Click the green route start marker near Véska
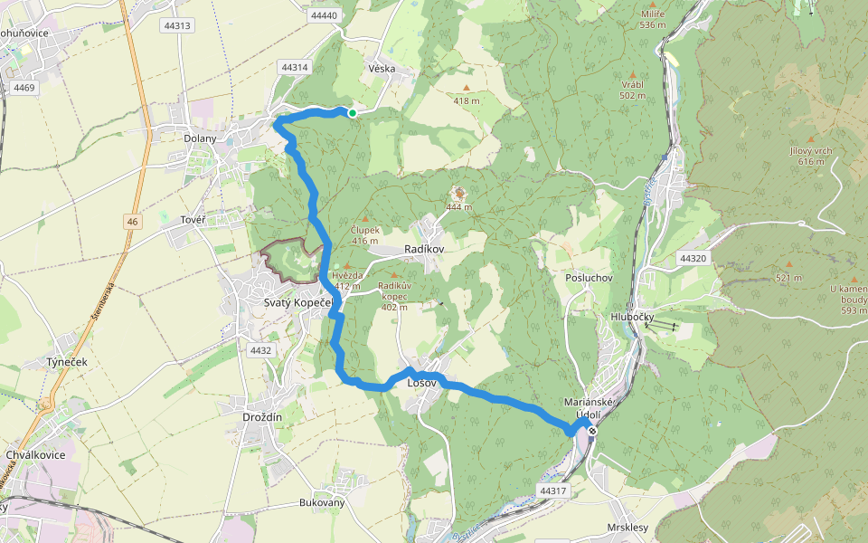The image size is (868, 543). (x=352, y=113)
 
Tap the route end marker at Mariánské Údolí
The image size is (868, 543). (x=592, y=431)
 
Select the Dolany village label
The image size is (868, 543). (x=200, y=138)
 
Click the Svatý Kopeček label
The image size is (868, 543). (x=298, y=302)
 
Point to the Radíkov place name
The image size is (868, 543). (x=425, y=251)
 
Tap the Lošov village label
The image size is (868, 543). (x=422, y=383)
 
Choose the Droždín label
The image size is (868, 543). (x=263, y=416)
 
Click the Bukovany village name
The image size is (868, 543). (x=323, y=502)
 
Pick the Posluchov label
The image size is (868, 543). (x=589, y=278)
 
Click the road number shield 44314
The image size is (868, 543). (x=295, y=68)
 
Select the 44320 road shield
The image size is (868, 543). (x=693, y=259)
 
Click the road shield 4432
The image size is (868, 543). (x=260, y=350)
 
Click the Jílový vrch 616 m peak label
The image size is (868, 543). (x=810, y=156)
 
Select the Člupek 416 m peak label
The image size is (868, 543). (x=364, y=235)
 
